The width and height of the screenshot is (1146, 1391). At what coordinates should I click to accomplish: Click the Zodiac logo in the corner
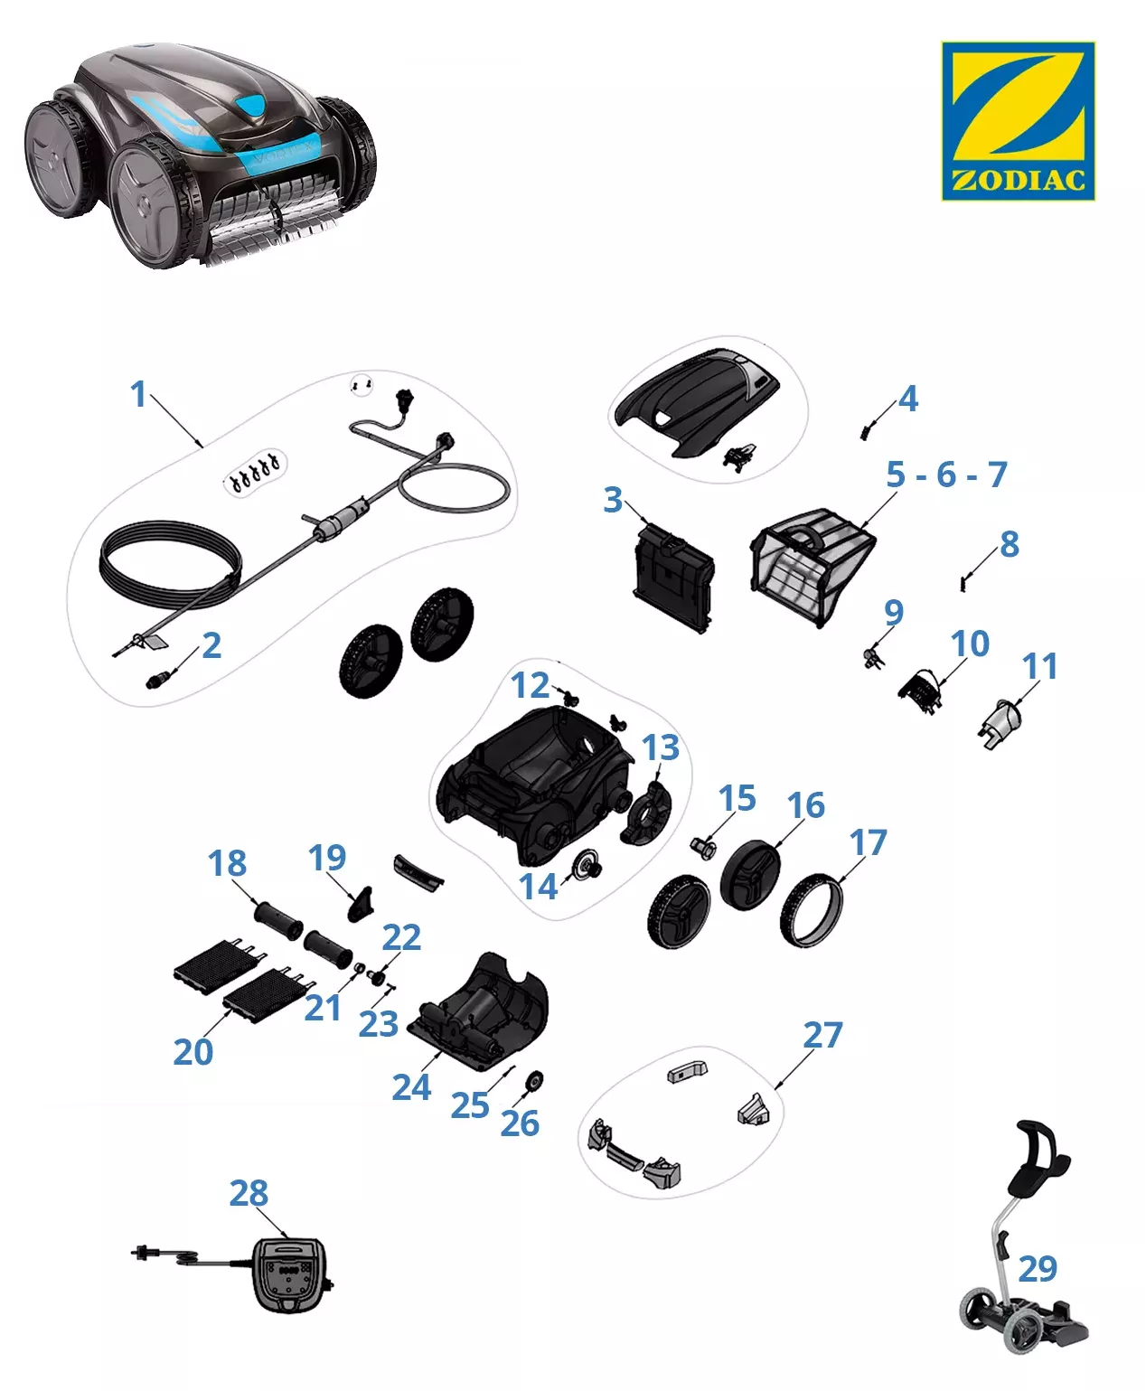(1018, 120)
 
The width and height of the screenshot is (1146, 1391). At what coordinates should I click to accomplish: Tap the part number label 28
(249, 1193)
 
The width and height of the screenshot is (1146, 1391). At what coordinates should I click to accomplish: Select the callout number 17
(868, 842)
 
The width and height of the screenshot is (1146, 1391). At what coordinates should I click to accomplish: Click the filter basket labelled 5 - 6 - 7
(811, 564)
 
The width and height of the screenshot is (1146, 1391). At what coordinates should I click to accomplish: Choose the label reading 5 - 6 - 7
(945, 474)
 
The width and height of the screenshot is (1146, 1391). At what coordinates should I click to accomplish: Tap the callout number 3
(613, 499)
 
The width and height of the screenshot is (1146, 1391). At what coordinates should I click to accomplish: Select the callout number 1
(137, 394)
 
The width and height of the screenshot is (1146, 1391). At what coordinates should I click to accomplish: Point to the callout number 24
(411, 1087)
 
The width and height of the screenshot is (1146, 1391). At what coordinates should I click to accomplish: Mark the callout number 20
(193, 1051)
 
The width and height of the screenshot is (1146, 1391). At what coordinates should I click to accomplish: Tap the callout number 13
(661, 747)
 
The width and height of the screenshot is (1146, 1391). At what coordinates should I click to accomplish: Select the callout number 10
(970, 644)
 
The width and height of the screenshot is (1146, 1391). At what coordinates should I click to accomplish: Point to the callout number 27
(822, 1035)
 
